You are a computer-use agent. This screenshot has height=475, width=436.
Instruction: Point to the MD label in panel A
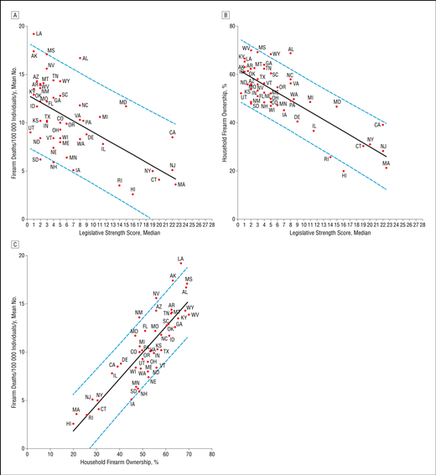point(122,102)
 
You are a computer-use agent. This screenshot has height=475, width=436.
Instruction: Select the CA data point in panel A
point(173,137)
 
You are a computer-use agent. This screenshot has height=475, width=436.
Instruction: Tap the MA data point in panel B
point(386,168)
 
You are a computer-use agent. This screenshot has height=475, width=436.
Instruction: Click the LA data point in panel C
point(180,263)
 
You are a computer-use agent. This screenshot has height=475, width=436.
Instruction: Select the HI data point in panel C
point(74,424)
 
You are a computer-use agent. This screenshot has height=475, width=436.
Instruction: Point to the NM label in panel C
point(138,312)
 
